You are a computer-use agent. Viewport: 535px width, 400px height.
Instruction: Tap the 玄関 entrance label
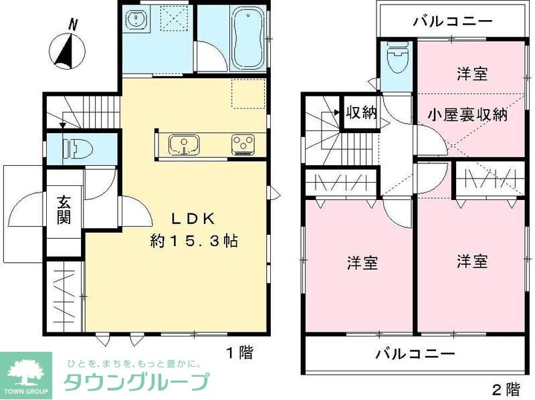64,209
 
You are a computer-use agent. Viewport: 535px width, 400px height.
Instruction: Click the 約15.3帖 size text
194,240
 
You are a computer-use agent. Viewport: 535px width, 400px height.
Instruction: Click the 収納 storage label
361,112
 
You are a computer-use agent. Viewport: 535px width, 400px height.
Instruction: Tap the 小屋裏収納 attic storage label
467,114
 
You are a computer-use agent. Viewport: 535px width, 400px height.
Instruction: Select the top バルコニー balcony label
453,20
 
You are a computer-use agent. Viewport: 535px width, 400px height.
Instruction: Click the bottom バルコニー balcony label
415,353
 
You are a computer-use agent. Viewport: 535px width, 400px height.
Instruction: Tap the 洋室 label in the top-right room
472,74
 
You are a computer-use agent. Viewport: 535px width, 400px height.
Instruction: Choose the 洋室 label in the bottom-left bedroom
362,263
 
